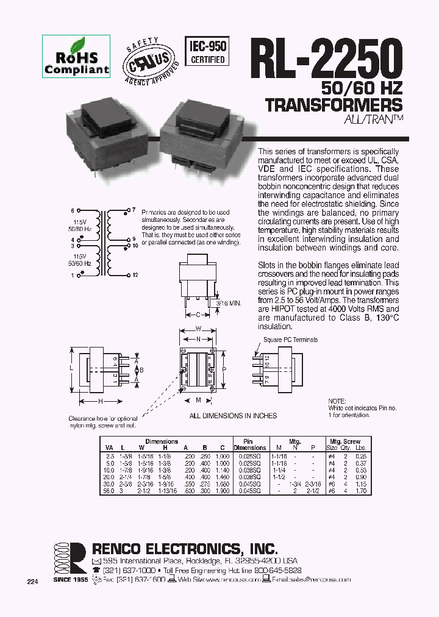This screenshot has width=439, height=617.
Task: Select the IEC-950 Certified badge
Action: (207, 51)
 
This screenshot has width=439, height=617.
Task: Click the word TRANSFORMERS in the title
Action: (334, 104)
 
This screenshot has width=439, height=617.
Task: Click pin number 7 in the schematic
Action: (134, 210)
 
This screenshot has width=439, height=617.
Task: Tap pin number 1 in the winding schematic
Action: (72, 276)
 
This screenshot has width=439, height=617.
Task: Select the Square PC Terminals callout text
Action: (290, 340)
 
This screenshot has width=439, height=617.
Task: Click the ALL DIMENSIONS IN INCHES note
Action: (233, 416)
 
